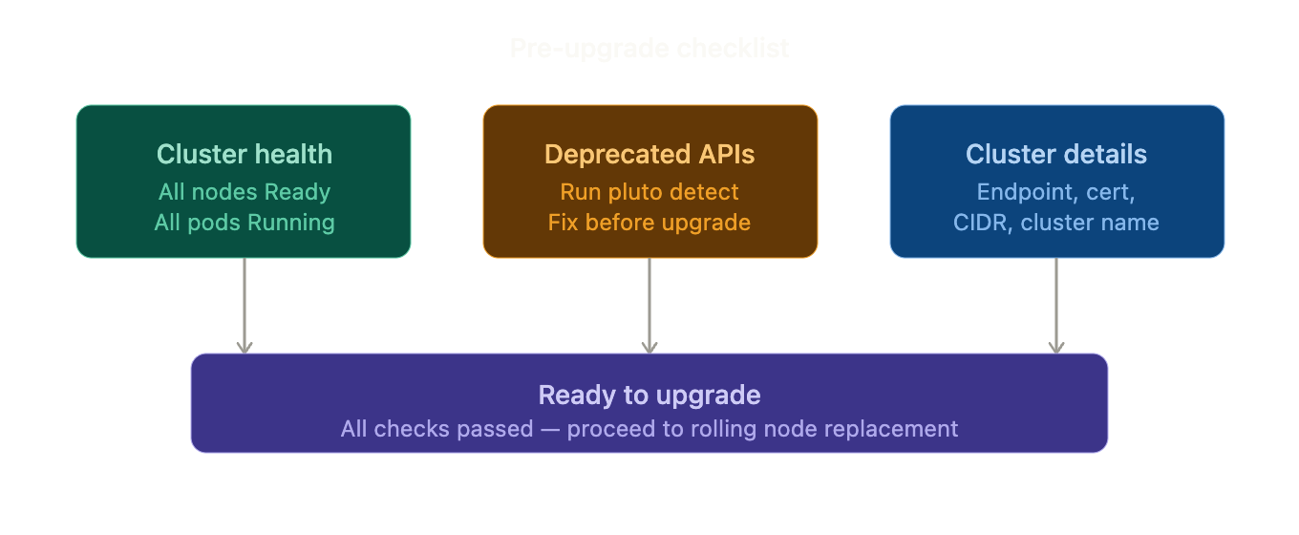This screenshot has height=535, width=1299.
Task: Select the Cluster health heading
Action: click(245, 155)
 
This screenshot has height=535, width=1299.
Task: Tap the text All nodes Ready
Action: click(245, 192)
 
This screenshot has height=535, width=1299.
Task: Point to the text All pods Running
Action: click(245, 223)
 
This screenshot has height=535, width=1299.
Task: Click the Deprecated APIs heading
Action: click(649, 155)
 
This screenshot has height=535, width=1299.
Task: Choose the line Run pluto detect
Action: click(649, 192)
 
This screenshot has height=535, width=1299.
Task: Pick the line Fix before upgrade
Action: click(649, 223)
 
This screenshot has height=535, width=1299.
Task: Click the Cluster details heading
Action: click(1056, 155)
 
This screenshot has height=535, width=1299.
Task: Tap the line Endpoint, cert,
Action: click(1056, 192)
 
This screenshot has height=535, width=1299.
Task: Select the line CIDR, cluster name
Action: click(1056, 223)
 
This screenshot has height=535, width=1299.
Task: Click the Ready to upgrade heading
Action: click(649, 396)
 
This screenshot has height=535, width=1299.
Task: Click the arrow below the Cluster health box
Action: click(245, 306)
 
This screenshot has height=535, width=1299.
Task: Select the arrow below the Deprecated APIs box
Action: click(649, 306)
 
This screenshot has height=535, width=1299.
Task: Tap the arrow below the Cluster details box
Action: click(1056, 306)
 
